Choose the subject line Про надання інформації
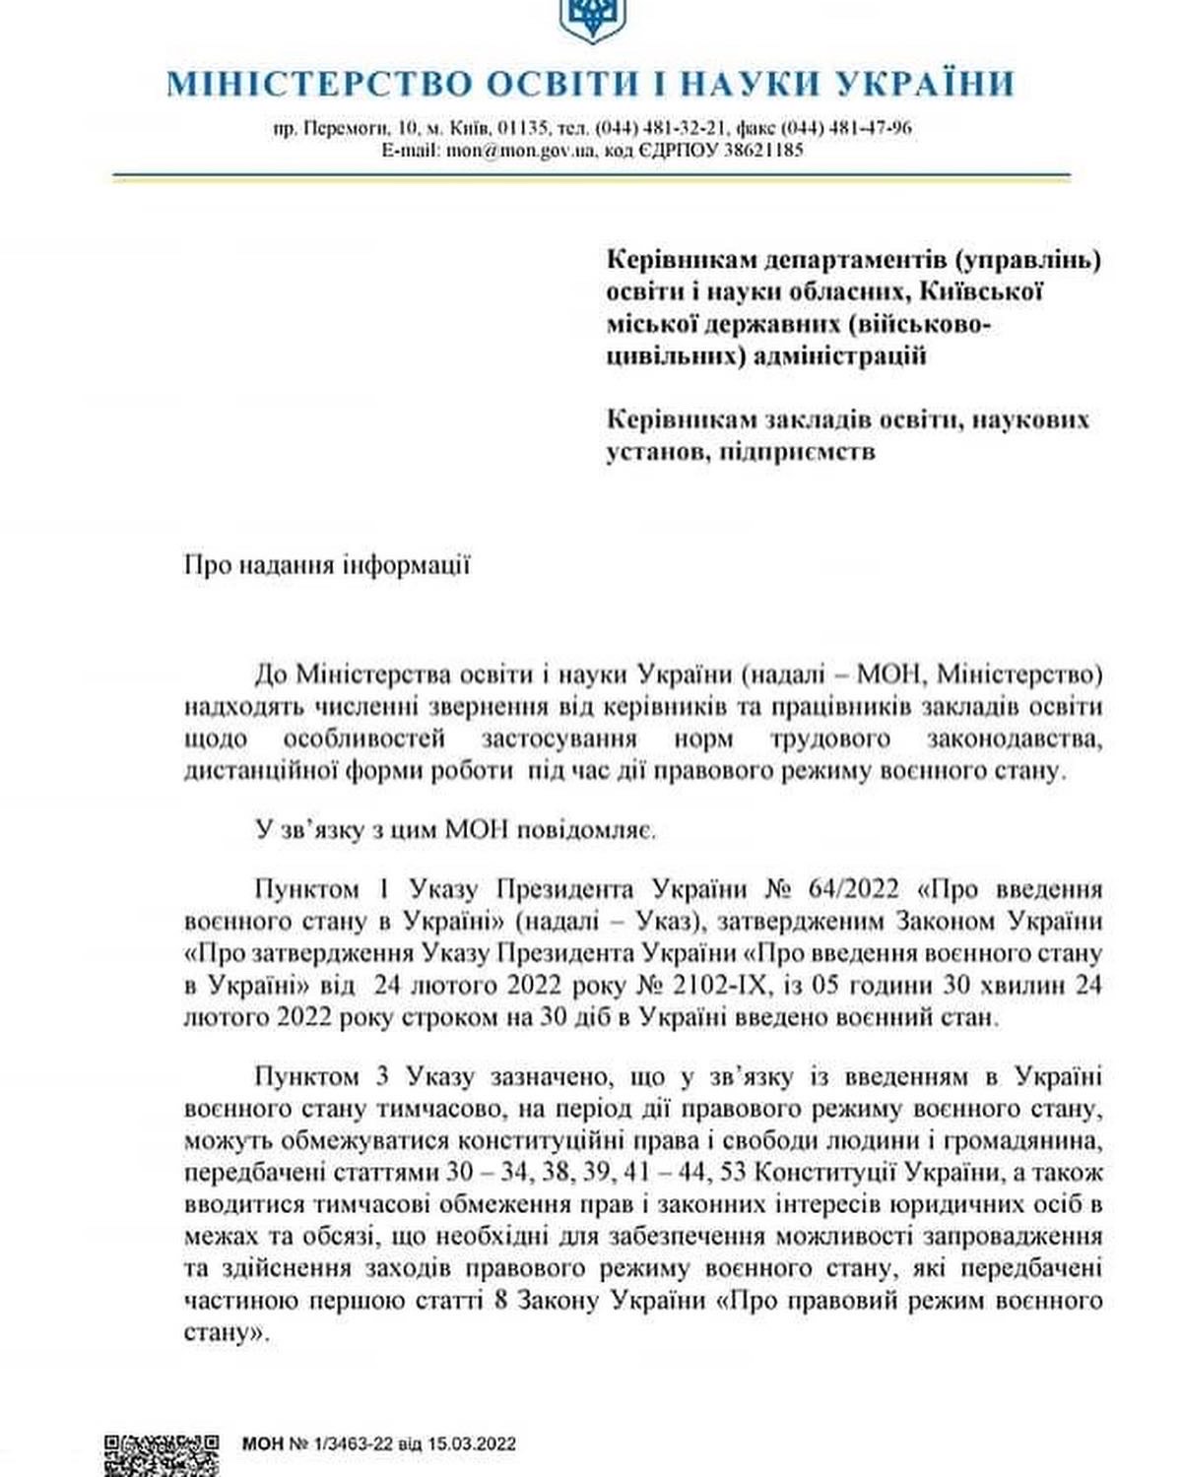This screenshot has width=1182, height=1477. coord(327,565)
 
